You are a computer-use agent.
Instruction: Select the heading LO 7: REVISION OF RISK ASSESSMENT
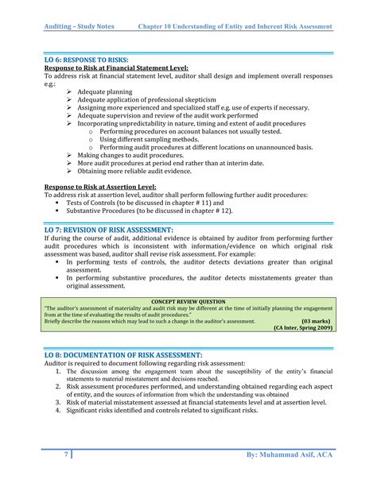coord(108,230)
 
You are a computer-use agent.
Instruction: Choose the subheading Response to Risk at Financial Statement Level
coord(116,68)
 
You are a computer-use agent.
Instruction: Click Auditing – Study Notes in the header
coord(79,26)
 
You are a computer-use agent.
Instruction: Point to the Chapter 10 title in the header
coord(235,26)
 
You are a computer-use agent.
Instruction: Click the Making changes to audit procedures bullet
coord(130,156)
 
